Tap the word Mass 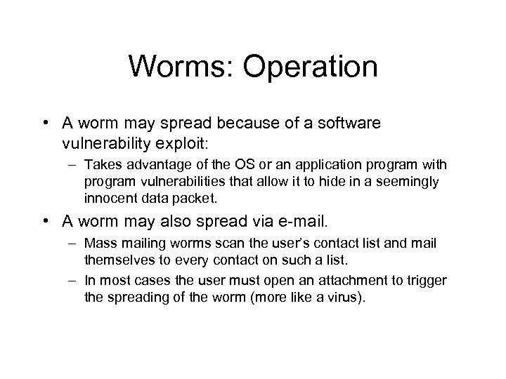click(97, 244)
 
